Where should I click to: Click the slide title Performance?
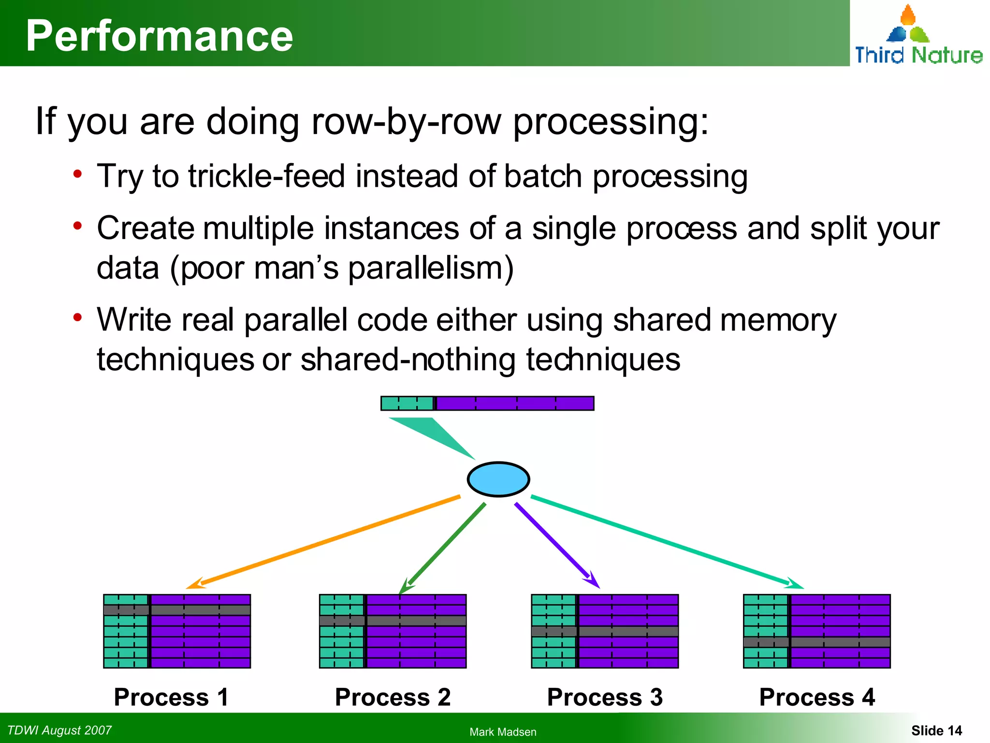click(160, 36)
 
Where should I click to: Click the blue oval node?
click(498, 479)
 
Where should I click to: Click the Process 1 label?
click(171, 697)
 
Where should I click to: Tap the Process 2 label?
click(393, 697)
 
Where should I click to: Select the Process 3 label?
click(605, 697)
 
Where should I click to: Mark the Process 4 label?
click(817, 697)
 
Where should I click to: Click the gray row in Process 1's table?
click(177, 610)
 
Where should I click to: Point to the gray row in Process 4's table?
click(817, 642)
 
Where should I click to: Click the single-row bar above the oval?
click(487, 403)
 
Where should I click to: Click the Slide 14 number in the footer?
click(936, 730)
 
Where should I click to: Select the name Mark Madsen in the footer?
click(503, 732)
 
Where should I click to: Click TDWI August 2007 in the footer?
click(59, 730)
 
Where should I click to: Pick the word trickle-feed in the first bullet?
click(266, 176)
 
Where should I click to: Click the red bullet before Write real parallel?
click(77, 318)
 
